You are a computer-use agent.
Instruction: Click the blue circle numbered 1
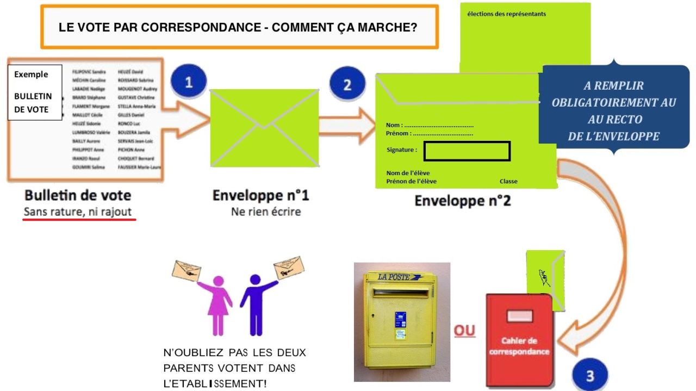click(x=188, y=82)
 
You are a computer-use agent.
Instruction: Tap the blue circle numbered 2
click(x=347, y=85)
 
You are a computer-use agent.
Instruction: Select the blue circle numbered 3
click(x=589, y=375)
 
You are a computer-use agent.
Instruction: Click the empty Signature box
click(x=467, y=151)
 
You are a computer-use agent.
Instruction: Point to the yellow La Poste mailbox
click(x=402, y=321)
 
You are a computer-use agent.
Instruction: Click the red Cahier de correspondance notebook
click(x=519, y=339)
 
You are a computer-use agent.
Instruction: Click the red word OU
click(x=464, y=330)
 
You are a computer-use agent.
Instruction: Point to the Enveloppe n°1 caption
click(x=260, y=195)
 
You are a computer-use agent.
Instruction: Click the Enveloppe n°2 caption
click(x=462, y=201)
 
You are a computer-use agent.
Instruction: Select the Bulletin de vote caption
click(x=78, y=195)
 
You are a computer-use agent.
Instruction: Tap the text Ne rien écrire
click(x=265, y=211)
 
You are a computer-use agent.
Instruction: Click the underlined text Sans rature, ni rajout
click(x=78, y=212)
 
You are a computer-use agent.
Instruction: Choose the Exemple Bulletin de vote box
click(x=35, y=92)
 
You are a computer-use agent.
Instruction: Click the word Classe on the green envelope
click(x=508, y=181)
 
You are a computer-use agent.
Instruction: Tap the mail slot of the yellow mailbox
click(x=401, y=293)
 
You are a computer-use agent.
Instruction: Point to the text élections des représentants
click(x=506, y=14)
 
